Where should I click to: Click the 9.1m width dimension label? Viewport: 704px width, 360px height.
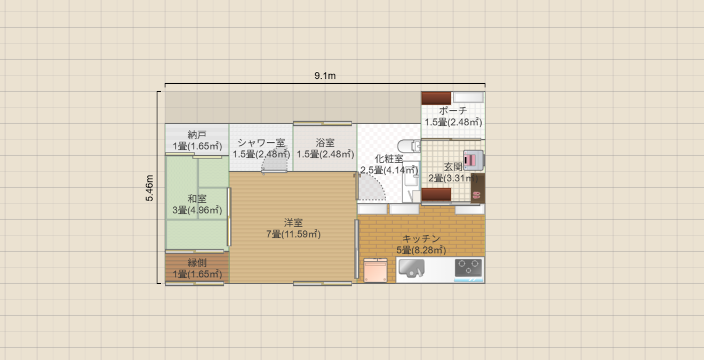tap(325, 76)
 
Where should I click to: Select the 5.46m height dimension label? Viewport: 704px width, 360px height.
tap(150, 188)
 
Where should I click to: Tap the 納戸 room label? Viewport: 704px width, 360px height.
tap(197, 134)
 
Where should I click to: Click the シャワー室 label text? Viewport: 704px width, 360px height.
tap(261, 143)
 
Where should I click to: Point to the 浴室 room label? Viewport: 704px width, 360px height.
tap(325, 143)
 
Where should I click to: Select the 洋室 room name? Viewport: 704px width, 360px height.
tap(293, 222)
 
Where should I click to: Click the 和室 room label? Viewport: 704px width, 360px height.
tap(197, 198)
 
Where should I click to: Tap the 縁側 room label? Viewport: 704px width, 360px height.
tap(197, 262)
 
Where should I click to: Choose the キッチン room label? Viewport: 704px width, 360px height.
tap(421, 238)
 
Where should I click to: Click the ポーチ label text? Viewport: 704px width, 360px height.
tap(453, 111)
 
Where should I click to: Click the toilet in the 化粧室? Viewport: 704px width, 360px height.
tap(409, 146)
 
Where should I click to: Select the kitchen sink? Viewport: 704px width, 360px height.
tap(410, 268)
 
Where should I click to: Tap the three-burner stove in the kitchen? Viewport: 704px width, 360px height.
tap(469, 268)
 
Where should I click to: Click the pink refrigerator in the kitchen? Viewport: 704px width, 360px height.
tap(376, 270)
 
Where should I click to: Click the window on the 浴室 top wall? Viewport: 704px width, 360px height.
tap(322, 123)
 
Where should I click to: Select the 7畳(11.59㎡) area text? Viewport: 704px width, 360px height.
tap(293, 234)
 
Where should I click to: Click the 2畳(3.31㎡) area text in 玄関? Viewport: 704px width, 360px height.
tap(453, 178)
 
